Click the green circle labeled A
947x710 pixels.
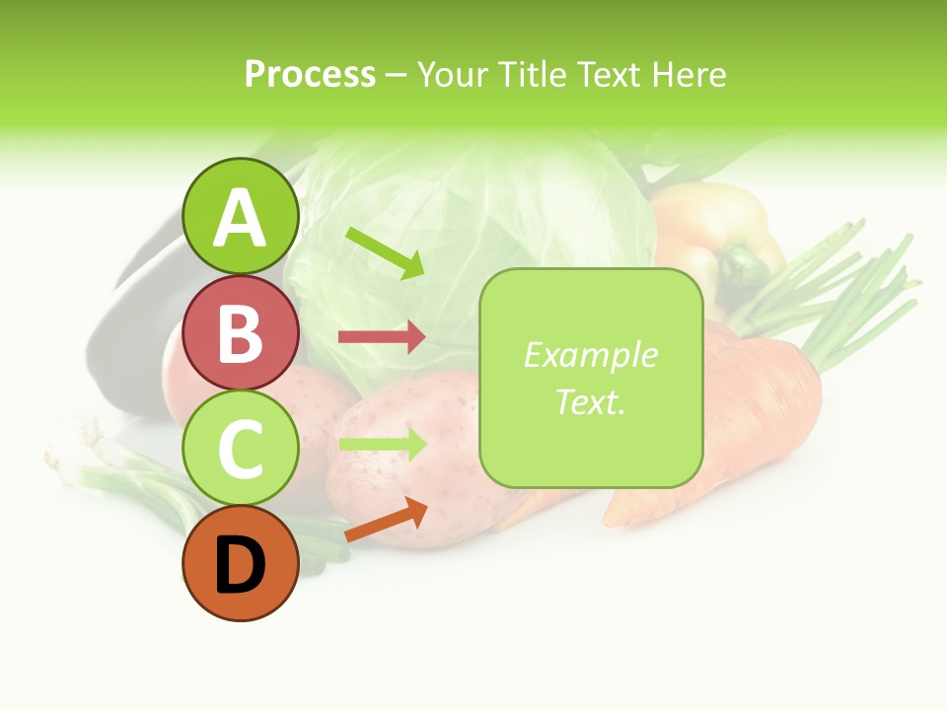click(241, 217)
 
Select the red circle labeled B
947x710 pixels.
click(241, 333)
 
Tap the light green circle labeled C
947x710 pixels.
click(241, 449)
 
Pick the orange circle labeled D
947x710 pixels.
click(241, 564)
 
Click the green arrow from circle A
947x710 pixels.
click(385, 251)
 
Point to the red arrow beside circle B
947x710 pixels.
click(382, 336)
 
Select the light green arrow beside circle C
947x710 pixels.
click(382, 444)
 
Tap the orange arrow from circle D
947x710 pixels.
click(386, 520)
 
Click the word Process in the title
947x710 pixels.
click(310, 74)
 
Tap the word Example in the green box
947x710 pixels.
click(590, 355)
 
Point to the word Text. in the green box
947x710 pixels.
click(590, 401)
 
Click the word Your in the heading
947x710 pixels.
click(452, 74)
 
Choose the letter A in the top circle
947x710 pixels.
click(241, 218)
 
